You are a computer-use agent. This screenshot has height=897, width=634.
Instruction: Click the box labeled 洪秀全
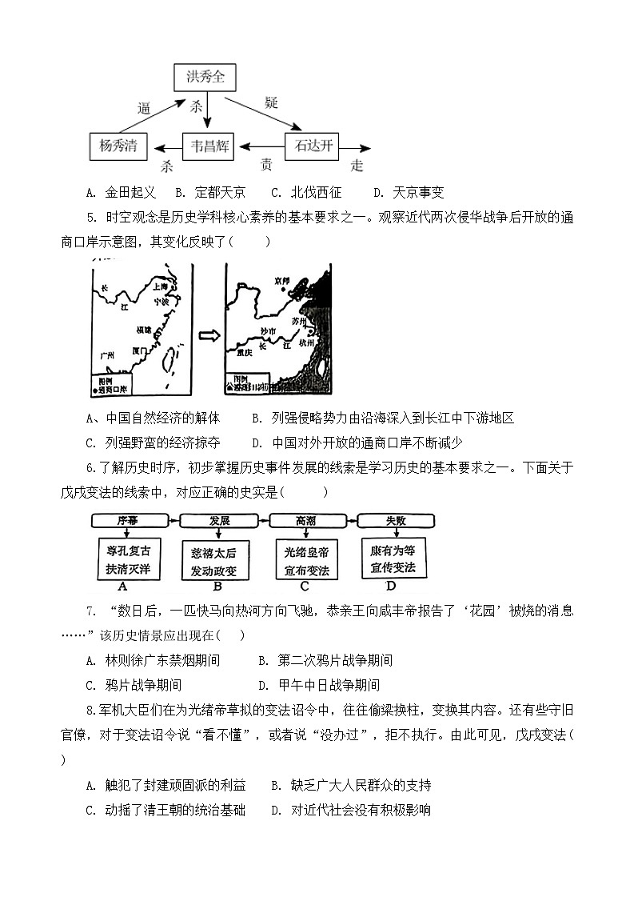coord(206,78)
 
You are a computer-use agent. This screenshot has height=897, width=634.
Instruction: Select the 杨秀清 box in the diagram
coord(118,146)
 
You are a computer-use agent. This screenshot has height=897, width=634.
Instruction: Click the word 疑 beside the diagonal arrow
coord(271,102)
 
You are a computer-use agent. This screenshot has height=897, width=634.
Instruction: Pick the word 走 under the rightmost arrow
coord(357,166)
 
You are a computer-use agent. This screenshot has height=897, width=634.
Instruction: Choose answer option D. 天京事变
coord(408,192)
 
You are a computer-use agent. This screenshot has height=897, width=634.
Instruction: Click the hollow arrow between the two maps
coord(209,335)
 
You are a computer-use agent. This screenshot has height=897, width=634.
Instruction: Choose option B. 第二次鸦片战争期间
coord(325,660)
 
